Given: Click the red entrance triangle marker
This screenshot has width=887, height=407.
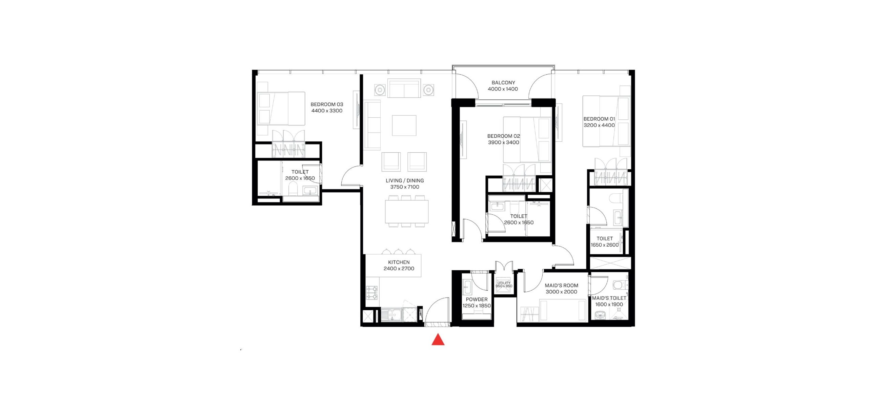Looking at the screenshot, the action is [438, 340].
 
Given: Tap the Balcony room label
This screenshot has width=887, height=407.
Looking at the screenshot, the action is [503, 83].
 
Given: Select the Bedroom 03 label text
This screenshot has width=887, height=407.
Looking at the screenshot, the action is [327, 104].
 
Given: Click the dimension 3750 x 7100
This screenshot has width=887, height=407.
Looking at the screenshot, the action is [405, 187].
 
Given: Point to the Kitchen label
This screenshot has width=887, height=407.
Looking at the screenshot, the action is [399, 262].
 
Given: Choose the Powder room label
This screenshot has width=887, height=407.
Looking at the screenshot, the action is [477, 299].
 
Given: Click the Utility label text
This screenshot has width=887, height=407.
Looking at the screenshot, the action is [504, 283].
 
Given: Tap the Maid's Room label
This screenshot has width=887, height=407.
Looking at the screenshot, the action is [561, 285].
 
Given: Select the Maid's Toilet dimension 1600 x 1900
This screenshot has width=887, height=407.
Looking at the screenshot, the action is [609, 305].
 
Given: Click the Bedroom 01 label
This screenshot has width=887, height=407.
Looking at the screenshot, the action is [599, 119].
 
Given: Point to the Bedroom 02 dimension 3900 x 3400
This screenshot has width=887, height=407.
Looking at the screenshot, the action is [503, 143].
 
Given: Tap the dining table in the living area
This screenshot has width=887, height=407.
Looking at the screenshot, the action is [407, 211].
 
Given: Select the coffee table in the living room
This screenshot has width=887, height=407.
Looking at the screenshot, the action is [404, 125].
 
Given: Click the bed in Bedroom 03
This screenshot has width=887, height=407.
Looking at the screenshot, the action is [281, 109].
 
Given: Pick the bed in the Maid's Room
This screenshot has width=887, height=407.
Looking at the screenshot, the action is [563, 310].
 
